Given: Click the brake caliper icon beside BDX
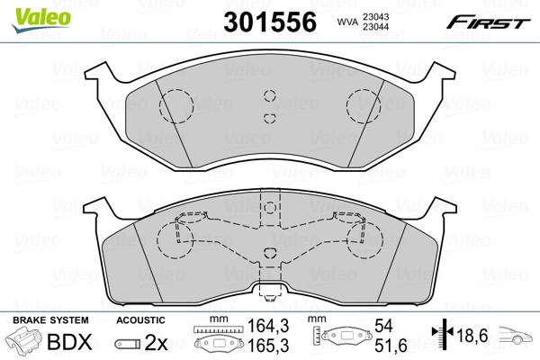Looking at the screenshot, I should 23,343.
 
